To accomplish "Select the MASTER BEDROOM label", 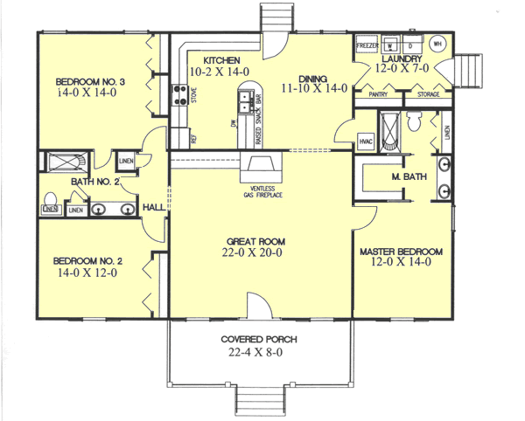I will [x=402, y=252].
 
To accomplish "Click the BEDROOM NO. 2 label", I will [x=86, y=260].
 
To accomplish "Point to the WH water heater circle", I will [x=437, y=43].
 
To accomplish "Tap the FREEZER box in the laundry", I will [x=366, y=44].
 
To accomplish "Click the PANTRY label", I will [x=378, y=93].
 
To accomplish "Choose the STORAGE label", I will [x=428, y=93].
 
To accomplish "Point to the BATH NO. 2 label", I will [x=89, y=182].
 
